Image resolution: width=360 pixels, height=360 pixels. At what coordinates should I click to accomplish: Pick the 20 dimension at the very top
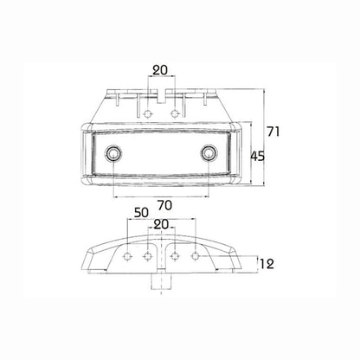(161, 71)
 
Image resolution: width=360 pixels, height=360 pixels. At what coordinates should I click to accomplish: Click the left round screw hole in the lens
(112, 155)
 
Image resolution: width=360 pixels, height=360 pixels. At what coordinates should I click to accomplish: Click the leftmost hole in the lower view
(127, 256)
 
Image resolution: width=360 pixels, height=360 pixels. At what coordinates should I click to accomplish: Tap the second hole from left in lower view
(145, 256)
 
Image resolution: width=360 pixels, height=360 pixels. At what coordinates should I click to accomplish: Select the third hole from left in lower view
(177, 256)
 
